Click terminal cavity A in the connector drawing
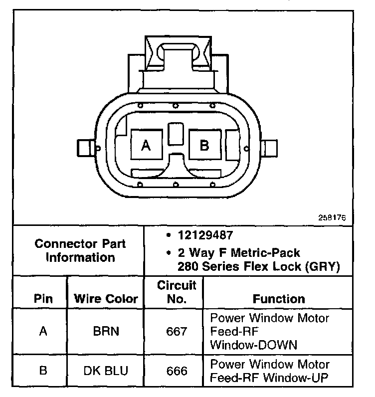147,145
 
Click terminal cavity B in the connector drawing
205,145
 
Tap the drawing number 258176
332,217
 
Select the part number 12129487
205,235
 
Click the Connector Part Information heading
80,251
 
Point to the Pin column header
43,299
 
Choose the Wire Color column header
106,299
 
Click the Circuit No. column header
177,292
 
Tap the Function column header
279,299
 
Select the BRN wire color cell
106,331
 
